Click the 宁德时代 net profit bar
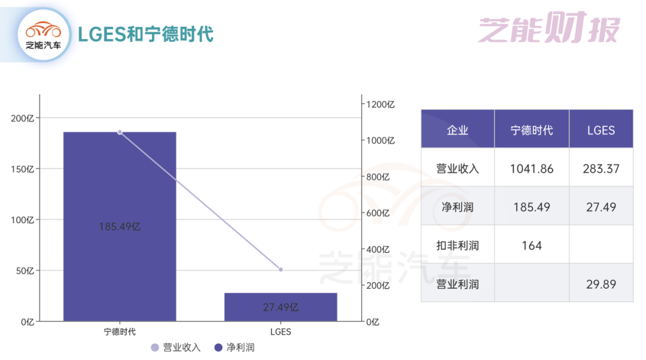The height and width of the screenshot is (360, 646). (x=120, y=179)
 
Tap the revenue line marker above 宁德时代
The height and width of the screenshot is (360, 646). (x=120, y=132)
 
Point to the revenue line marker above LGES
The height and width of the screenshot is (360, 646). (x=281, y=270)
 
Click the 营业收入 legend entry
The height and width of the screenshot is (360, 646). (x=175, y=347)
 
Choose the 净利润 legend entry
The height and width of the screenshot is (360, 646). (x=234, y=347)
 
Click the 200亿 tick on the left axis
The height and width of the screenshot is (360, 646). (x=23, y=118)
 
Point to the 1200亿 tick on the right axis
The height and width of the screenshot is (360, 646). (x=381, y=104)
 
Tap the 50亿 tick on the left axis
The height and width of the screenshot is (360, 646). (x=25, y=271)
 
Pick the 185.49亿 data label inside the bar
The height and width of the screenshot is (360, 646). (x=120, y=227)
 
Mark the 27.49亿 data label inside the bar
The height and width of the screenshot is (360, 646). (x=281, y=307)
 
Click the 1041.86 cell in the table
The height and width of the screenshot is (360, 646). (x=532, y=169)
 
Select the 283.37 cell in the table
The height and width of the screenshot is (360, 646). (x=601, y=169)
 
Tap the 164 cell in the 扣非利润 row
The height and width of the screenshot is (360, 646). (x=532, y=245)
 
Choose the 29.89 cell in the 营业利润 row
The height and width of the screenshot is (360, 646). (x=601, y=284)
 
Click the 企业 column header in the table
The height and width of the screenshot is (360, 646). (x=458, y=130)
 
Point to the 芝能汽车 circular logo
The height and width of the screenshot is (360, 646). (x=43, y=34)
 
